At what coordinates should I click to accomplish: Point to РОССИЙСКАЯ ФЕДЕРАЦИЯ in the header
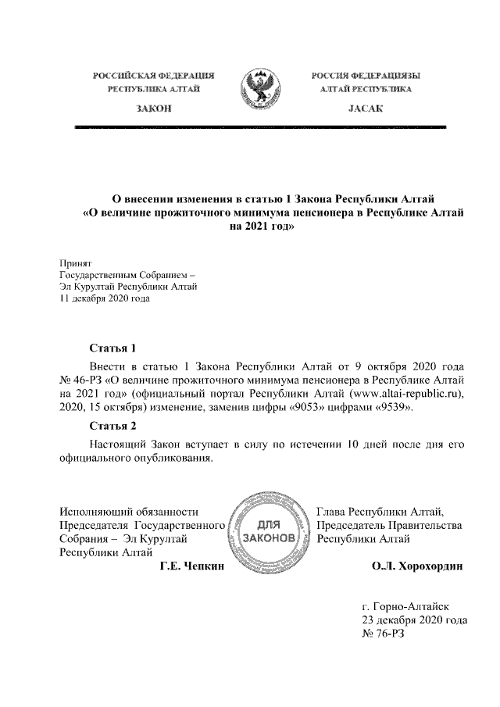point(154,76)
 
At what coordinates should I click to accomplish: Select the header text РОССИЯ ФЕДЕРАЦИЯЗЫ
point(366,76)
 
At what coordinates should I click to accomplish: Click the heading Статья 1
point(114,348)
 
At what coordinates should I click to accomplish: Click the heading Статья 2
point(114,426)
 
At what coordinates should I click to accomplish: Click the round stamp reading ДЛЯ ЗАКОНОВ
point(270,532)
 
